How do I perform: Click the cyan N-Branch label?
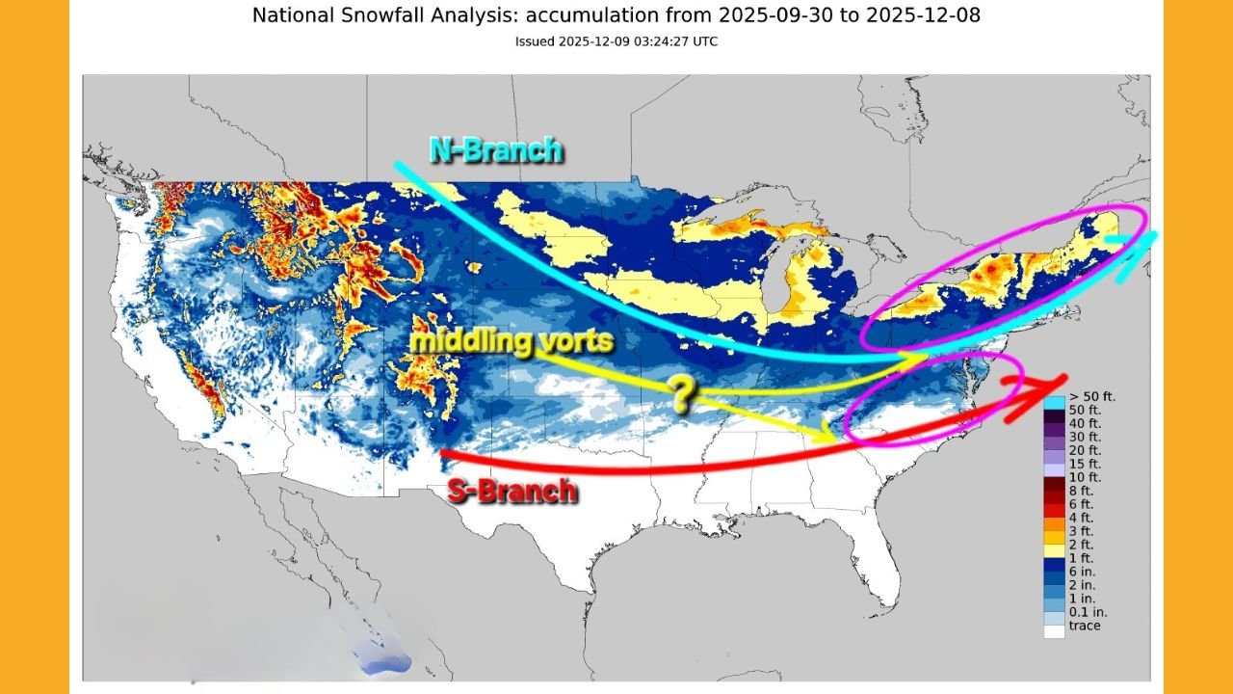coord(495,150)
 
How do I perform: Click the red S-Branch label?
coord(512,491)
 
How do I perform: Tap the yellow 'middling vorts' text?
coord(512,341)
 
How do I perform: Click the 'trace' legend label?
coord(1084,626)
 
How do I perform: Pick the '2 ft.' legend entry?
coord(1080,545)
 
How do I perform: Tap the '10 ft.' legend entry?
coord(1083,477)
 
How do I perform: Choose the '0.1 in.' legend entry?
coord(1087,612)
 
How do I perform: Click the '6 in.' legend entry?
coord(1081,572)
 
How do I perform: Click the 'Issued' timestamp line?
coord(616,41)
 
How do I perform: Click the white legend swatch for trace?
coord(1054,631)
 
